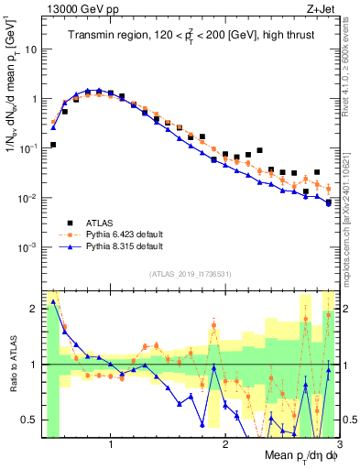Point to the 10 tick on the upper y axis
tap(30, 49)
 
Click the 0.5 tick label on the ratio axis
tap(28, 420)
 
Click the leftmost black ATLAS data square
tap(53, 145)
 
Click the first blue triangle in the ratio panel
tap(53, 300)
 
